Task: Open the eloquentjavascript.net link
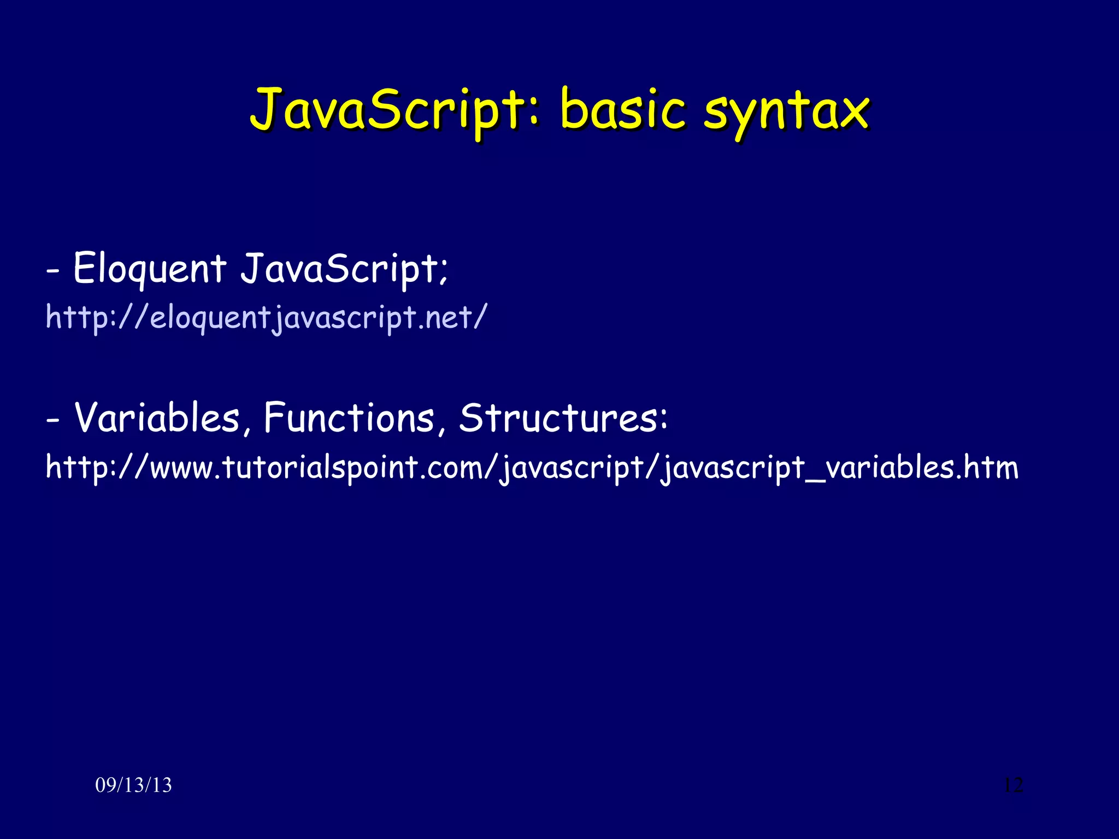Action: click(266, 317)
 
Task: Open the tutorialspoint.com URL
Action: click(532, 468)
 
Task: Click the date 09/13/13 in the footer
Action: click(133, 785)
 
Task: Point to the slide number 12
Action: click(1013, 785)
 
